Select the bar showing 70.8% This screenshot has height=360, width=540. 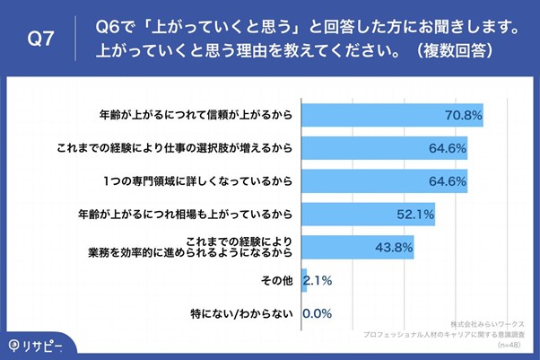(x=392, y=115)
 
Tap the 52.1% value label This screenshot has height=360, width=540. (x=415, y=214)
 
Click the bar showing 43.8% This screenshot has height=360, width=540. (x=358, y=247)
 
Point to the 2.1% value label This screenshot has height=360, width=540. (x=318, y=280)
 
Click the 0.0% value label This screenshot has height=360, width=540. (x=318, y=313)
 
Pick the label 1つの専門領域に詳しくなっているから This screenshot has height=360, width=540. (x=199, y=181)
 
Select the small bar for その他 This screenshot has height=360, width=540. (x=305, y=280)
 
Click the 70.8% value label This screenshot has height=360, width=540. (x=464, y=115)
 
